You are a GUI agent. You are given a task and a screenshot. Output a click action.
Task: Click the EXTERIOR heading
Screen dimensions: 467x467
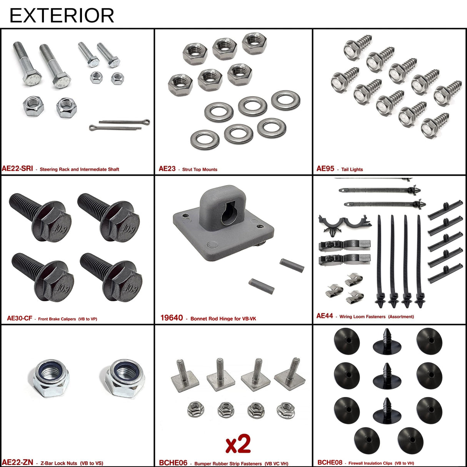pos(62,16)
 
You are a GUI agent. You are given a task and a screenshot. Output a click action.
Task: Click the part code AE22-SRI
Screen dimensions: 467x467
pos(17,168)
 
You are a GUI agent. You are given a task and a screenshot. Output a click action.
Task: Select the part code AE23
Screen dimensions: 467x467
pos(167,168)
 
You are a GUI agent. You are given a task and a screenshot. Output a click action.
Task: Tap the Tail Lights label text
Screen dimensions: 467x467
pos(352,169)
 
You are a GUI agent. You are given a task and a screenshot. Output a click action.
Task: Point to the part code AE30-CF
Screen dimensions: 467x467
pos(19,318)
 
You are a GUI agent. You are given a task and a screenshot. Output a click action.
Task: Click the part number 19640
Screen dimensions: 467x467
pos(172,318)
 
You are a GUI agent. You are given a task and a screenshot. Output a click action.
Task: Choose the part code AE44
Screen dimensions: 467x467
pos(325,316)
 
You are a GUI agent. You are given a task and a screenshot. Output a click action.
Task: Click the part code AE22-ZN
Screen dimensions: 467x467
pos(17,462)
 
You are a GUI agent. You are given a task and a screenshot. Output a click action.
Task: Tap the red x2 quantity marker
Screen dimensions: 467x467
pos(238,444)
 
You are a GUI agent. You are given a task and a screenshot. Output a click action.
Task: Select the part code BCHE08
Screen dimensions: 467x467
pos(330,462)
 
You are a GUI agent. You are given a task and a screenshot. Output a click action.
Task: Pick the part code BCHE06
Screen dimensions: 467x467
pos(173,463)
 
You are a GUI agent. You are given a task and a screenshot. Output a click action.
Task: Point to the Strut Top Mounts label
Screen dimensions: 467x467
pos(200,169)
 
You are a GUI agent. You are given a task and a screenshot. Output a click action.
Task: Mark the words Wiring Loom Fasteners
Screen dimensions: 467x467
pos(362,317)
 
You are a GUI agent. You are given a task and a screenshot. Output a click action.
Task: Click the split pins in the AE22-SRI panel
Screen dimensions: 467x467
pos(119,125)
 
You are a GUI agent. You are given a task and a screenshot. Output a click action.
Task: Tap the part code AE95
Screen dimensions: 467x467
pos(325,168)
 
